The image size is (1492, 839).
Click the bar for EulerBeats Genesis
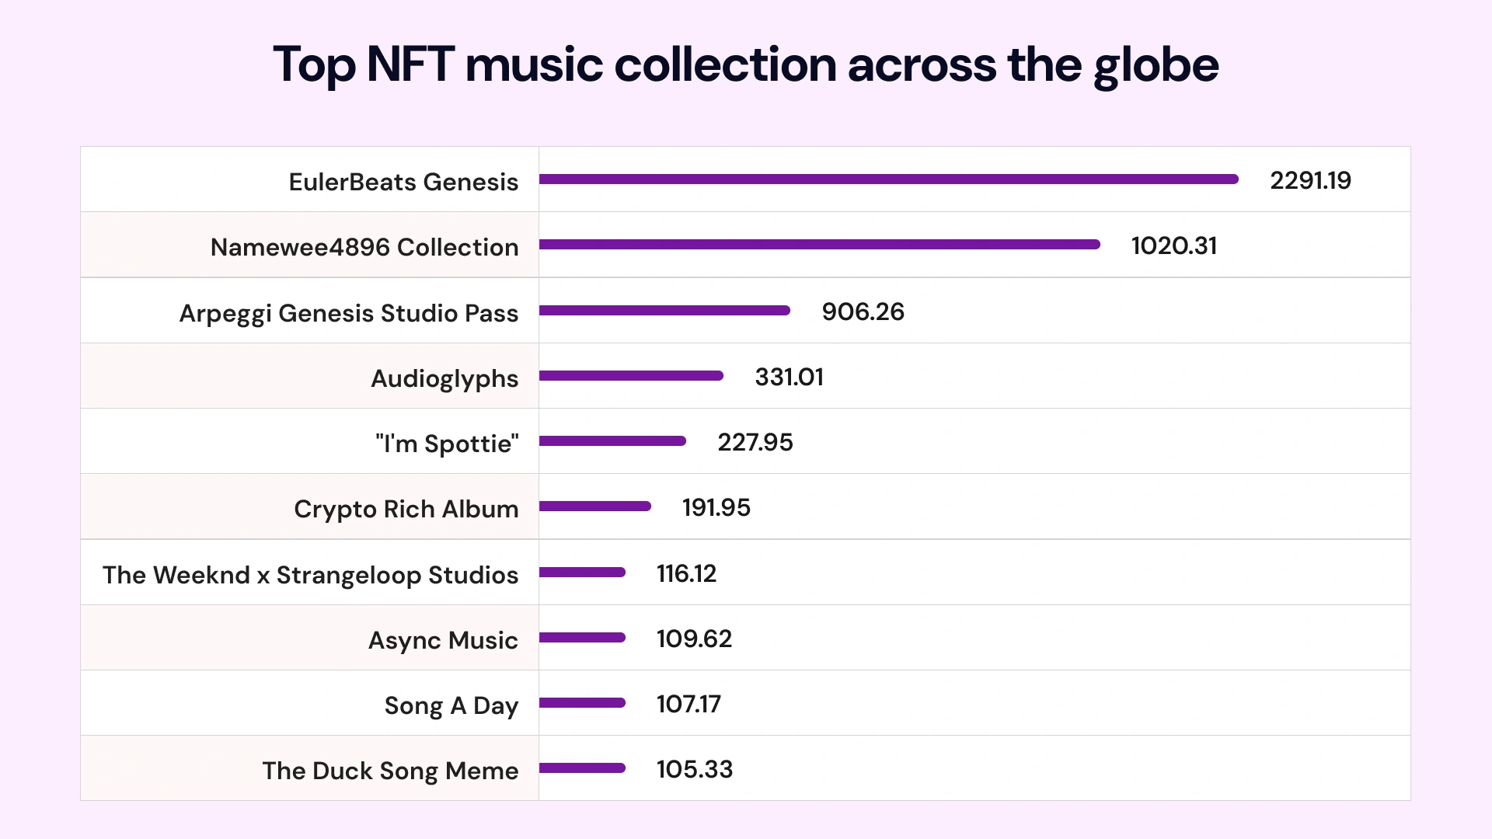(x=888, y=179)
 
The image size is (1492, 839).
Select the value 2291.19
(x=1310, y=180)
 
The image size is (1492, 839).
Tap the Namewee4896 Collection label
(x=364, y=247)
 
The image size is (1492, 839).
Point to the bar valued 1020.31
(x=819, y=245)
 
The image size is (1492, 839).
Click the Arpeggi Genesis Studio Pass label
(x=349, y=313)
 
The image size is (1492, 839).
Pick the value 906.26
(x=863, y=312)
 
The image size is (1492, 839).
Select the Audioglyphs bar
(x=631, y=376)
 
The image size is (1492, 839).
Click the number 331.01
(x=789, y=377)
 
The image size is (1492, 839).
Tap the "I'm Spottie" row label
(x=447, y=444)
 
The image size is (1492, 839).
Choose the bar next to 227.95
(x=612, y=441)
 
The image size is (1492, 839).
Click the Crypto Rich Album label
(x=406, y=509)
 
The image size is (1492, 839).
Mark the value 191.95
(x=716, y=507)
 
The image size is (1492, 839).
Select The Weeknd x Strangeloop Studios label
(x=310, y=575)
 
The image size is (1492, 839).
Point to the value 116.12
(x=686, y=573)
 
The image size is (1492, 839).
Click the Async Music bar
(x=582, y=638)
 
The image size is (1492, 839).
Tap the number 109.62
(x=694, y=639)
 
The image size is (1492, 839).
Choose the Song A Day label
(x=451, y=705)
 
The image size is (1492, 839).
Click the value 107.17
(x=688, y=704)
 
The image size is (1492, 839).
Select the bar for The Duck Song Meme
(x=582, y=768)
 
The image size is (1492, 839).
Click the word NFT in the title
(x=410, y=64)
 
